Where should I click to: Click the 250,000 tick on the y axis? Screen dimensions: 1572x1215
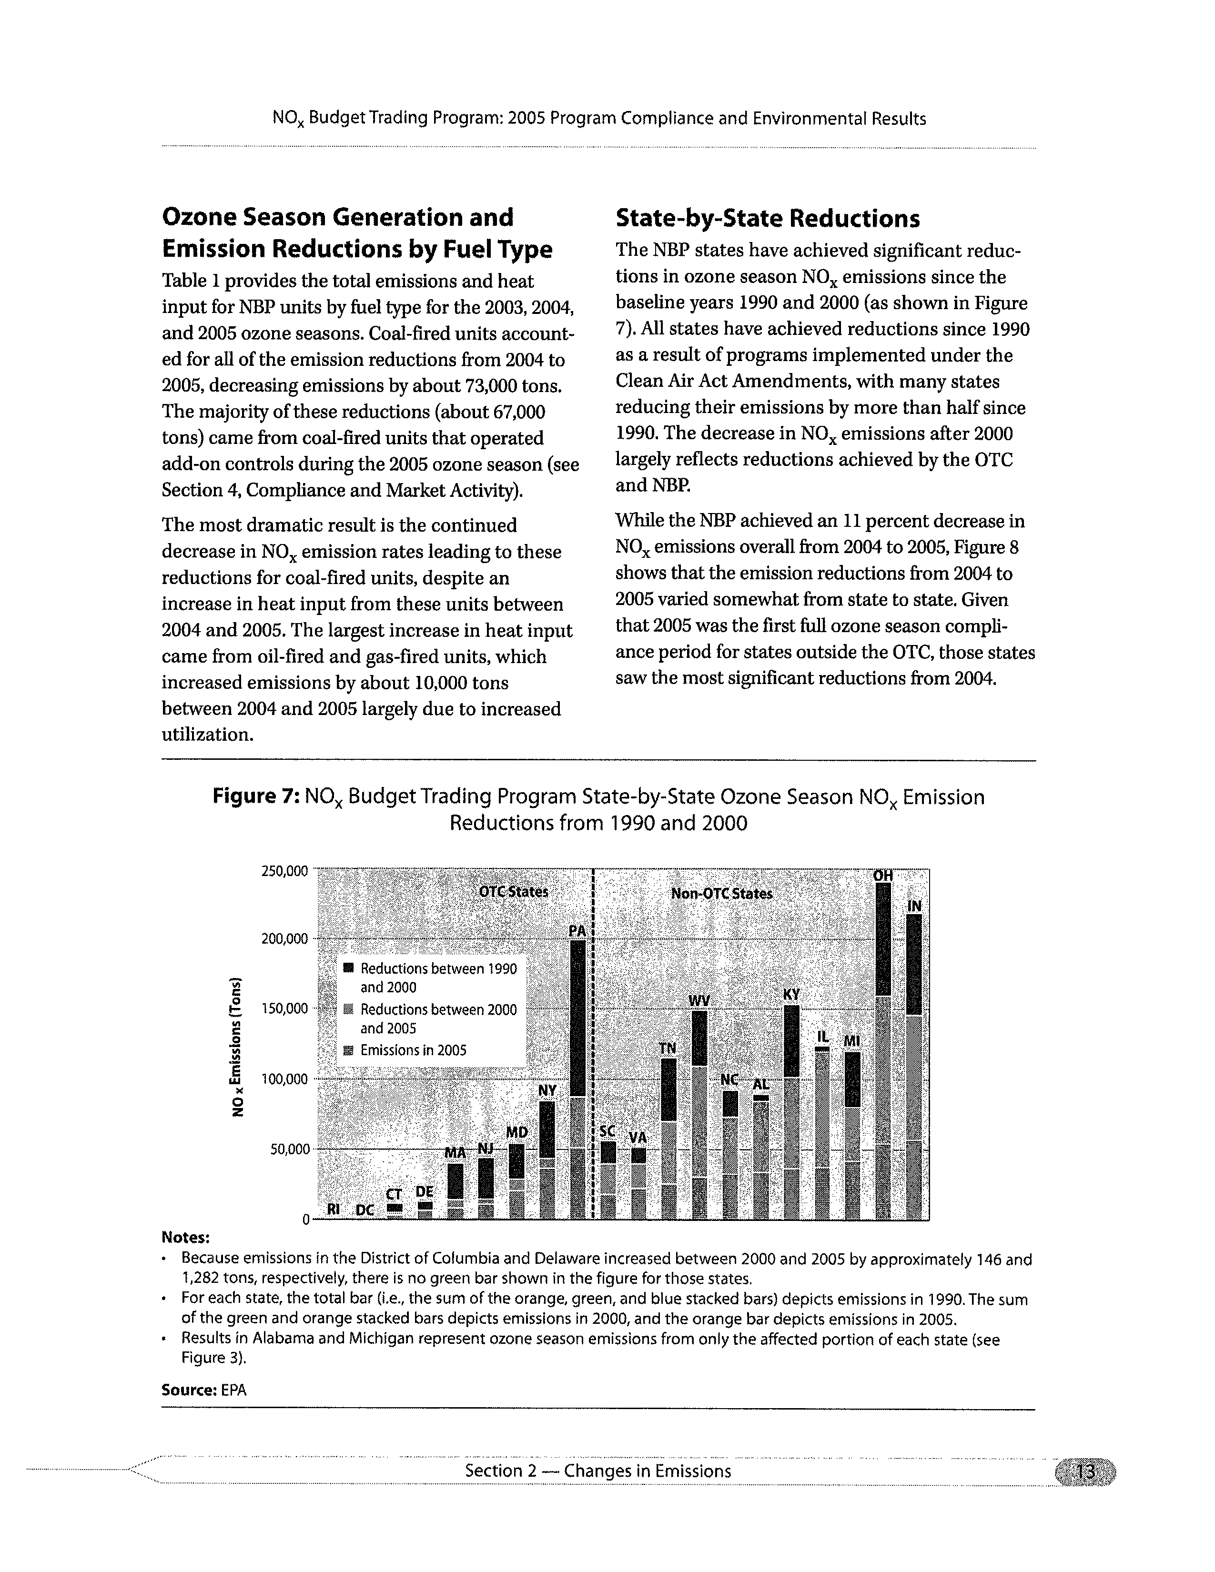tap(284, 871)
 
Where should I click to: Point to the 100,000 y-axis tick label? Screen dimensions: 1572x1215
tap(284, 1079)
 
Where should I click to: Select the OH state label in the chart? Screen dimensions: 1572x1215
tap(882, 875)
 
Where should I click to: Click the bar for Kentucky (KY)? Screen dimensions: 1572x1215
tap(791, 1112)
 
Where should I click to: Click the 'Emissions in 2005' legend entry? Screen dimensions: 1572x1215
tap(413, 1050)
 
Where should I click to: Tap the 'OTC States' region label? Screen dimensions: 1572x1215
tap(513, 891)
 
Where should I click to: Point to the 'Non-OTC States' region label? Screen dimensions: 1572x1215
tap(721, 893)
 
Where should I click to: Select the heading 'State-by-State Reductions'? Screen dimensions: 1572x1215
tap(767, 218)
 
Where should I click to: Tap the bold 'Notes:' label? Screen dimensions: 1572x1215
tap(186, 1237)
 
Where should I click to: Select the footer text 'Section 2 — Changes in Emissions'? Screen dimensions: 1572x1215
tap(597, 1471)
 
